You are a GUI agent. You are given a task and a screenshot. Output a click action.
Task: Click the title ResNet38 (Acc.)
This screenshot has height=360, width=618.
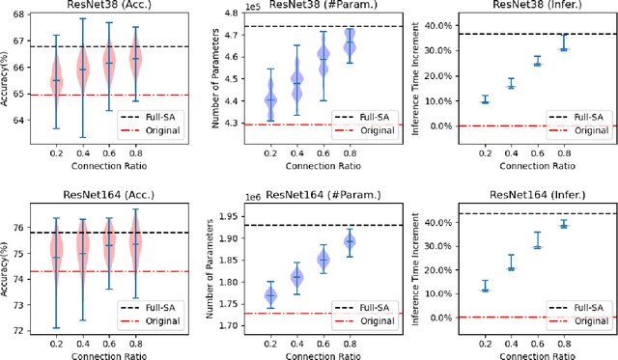click(108, 7)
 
